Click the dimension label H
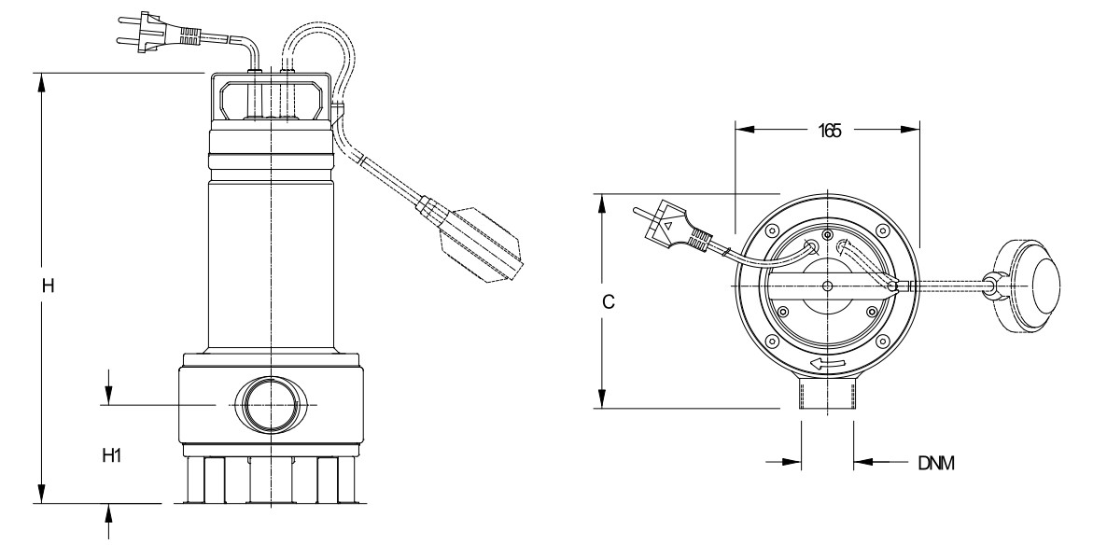[x=48, y=286]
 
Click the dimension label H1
[x=112, y=455]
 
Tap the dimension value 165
[x=829, y=131]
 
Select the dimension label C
[x=609, y=301]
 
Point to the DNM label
[x=935, y=464]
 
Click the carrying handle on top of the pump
[x=271, y=98]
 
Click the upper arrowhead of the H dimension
[x=43, y=82]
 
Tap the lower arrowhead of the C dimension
[x=604, y=398]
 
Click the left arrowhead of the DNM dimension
[x=792, y=461]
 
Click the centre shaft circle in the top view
[x=827, y=286]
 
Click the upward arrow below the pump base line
[x=109, y=513]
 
